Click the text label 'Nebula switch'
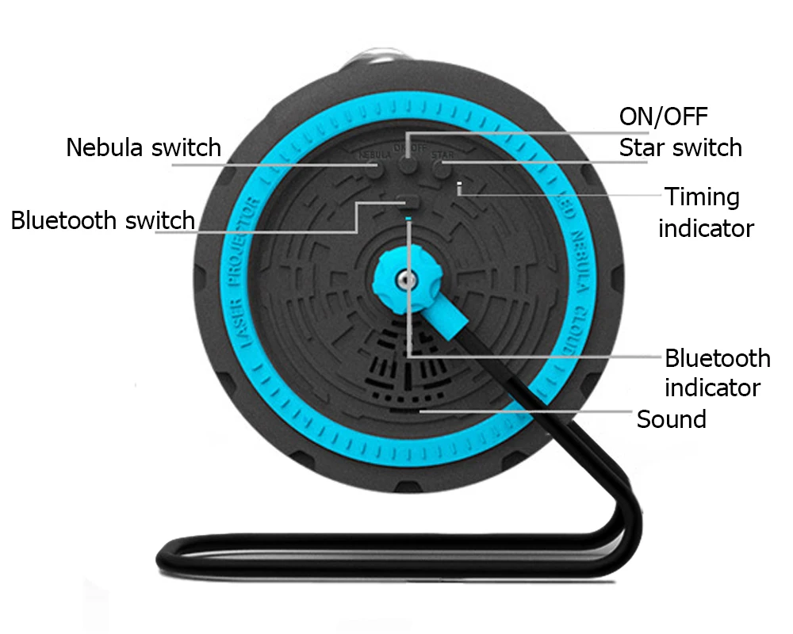pyautogui.click(x=144, y=147)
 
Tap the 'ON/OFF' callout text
pyautogui.click(x=663, y=116)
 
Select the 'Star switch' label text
pyautogui.click(x=680, y=147)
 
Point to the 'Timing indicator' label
pyautogui.click(x=705, y=212)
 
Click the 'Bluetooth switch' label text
pyautogui.click(x=103, y=220)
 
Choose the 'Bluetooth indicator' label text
pyautogui.click(x=716, y=372)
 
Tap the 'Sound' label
pyautogui.click(x=671, y=418)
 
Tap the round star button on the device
pyautogui.click(x=441, y=169)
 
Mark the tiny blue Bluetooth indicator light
pyautogui.click(x=408, y=218)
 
